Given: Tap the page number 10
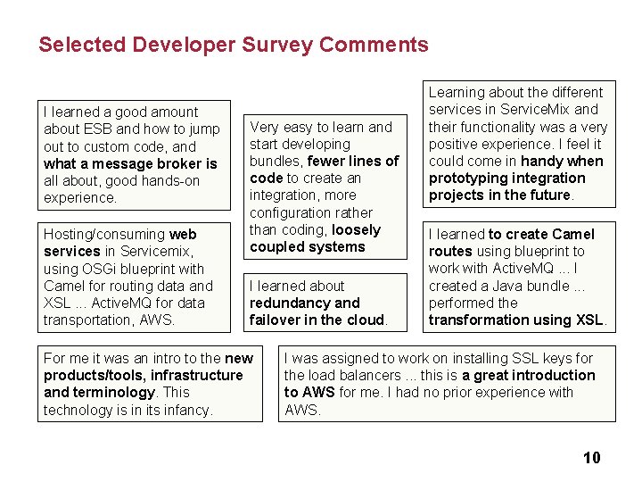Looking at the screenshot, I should point(591,458).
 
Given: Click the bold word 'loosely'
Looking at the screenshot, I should point(357,230).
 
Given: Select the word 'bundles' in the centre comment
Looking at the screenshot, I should point(276,162).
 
